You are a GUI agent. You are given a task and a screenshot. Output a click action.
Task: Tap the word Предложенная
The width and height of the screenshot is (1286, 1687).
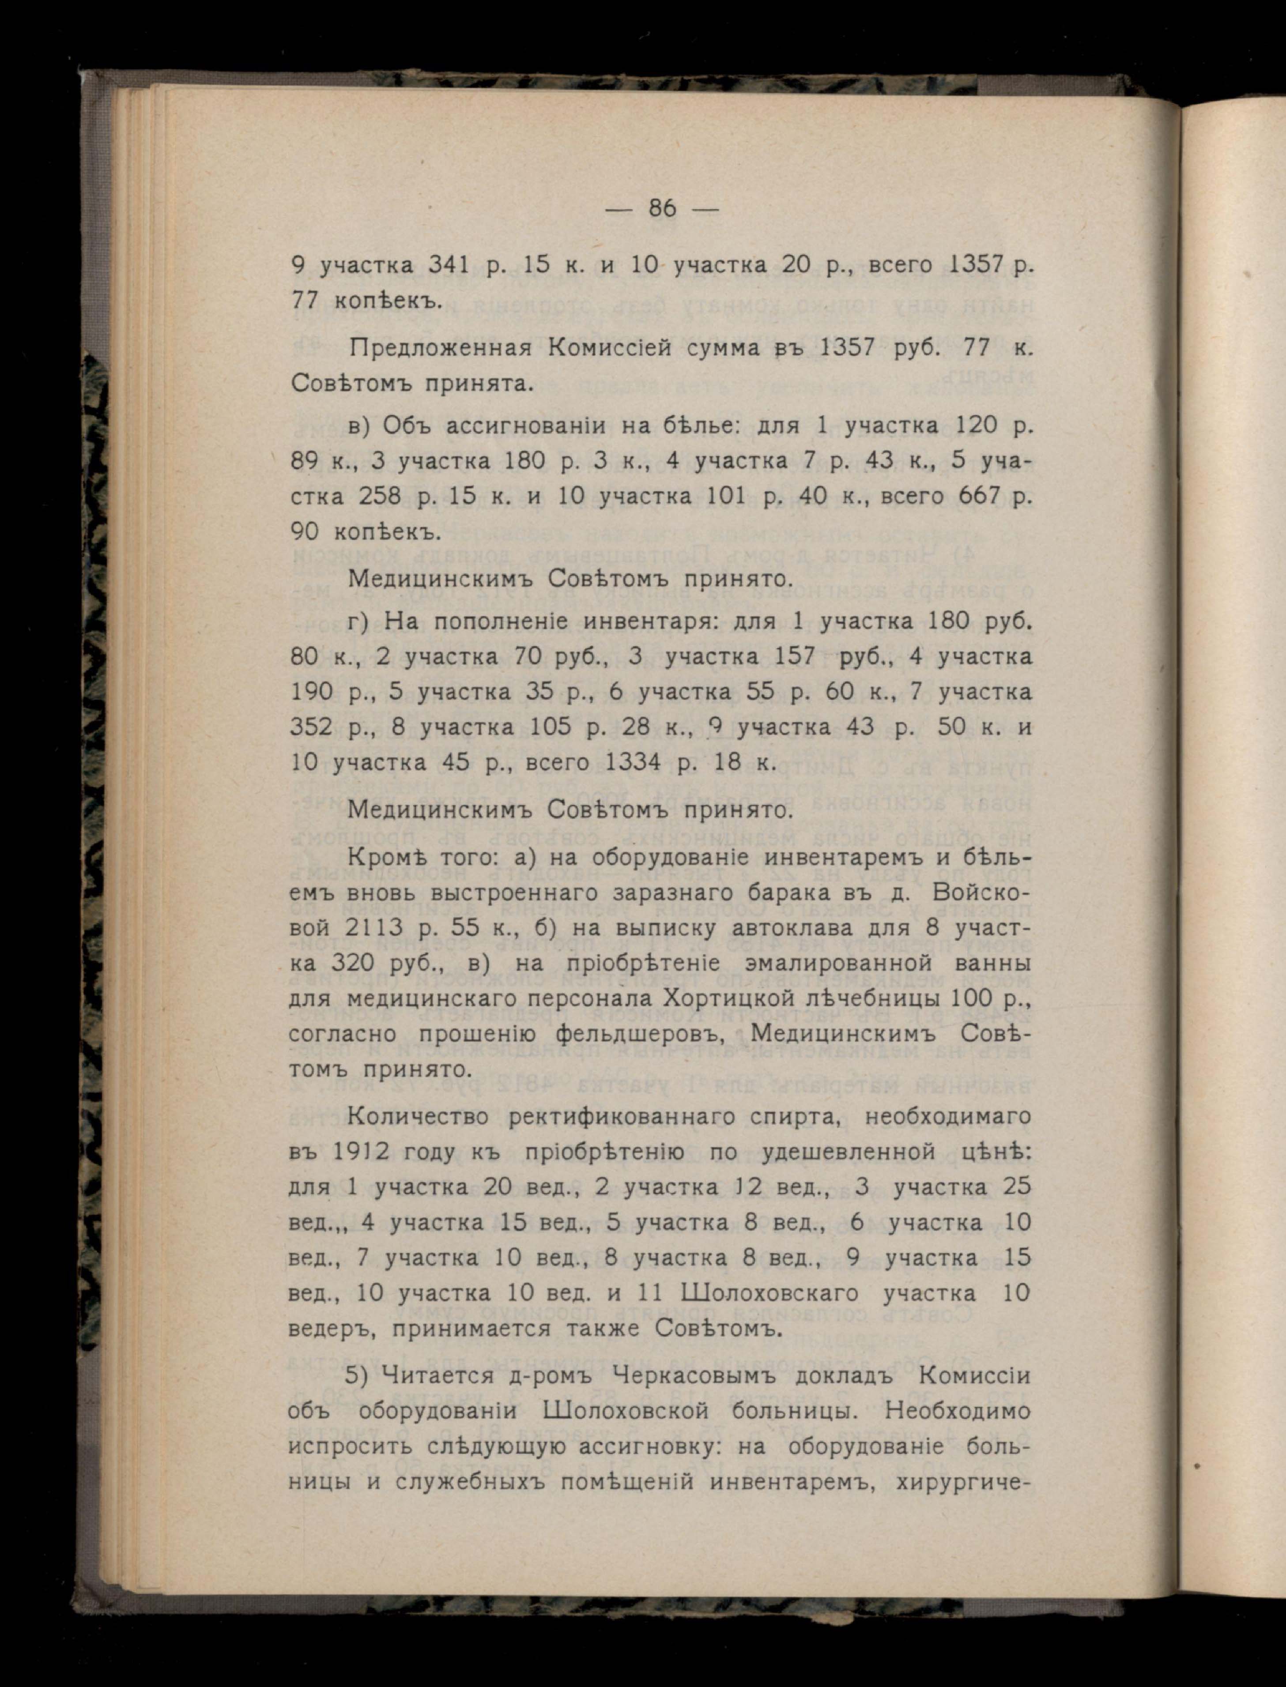tap(439, 347)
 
